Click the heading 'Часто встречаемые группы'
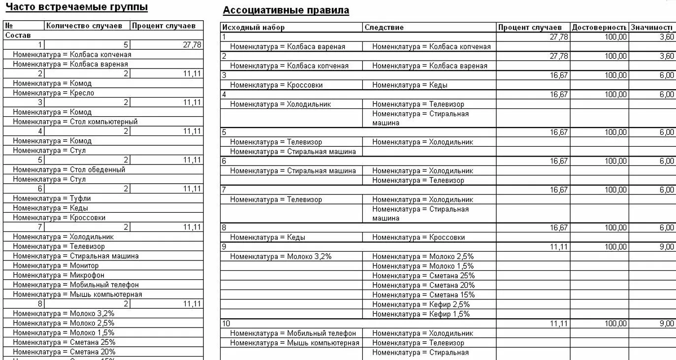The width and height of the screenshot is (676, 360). [x=76, y=7]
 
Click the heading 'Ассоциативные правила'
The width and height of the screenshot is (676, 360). [x=286, y=10]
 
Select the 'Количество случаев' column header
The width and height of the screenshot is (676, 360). [x=87, y=26]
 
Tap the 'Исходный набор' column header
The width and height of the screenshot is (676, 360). [x=254, y=28]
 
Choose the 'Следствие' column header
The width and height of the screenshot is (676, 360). [x=384, y=28]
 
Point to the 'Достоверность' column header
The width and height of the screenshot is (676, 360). [x=599, y=28]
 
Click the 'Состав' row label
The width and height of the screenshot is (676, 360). [x=18, y=35]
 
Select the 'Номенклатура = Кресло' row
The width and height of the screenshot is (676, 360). [x=53, y=93]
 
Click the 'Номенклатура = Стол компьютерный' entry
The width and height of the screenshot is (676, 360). [x=75, y=122]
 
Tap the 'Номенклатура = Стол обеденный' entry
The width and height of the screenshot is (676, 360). [x=69, y=169]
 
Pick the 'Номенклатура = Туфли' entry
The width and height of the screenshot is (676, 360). [x=52, y=198]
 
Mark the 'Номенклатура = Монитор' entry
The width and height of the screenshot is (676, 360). [x=56, y=265]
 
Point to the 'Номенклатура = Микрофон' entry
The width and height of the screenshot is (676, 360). [x=59, y=275]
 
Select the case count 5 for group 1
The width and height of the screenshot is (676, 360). [x=126, y=45]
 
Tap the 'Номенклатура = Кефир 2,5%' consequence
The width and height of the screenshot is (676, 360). [x=421, y=304]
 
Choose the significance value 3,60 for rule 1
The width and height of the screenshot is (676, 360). [x=667, y=37]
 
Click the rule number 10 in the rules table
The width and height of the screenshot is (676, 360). [x=226, y=324]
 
